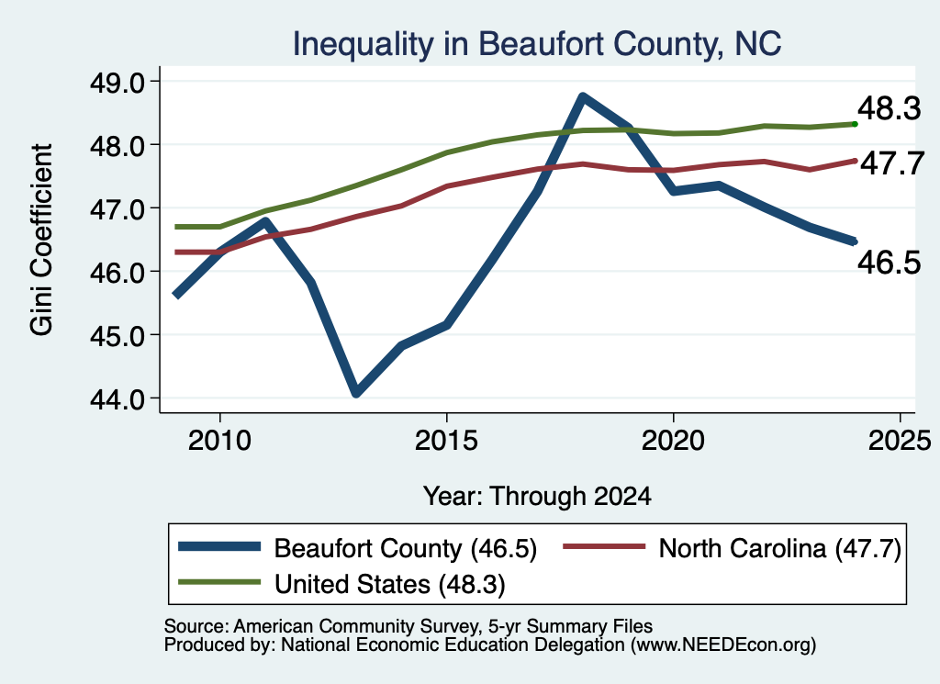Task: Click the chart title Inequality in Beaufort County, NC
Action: pyautogui.click(x=536, y=44)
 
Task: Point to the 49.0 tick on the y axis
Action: pyautogui.click(x=117, y=82)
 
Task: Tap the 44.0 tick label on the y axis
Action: pyautogui.click(x=117, y=399)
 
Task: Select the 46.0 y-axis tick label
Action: pyautogui.click(x=117, y=272)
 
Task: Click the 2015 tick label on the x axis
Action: pyautogui.click(x=446, y=441)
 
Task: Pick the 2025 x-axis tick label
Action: pyautogui.click(x=900, y=441)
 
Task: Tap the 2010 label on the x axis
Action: pyautogui.click(x=219, y=441)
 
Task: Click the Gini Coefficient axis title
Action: pyautogui.click(x=41, y=240)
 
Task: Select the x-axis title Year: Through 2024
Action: pyautogui.click(x=537, y=497)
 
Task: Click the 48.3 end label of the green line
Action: pyautogui.click(x=889, y=109)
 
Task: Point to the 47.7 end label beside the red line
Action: pyautogui.click(x=892, y=163)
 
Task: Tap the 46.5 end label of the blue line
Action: pyautogui.click(x=889, y=263)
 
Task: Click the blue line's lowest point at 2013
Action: pyautogui.click(x=356, y=393)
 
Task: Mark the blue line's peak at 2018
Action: pyautogui.click(x=583, y=97)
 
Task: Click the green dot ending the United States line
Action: pyautogui.click(x=855, y=124)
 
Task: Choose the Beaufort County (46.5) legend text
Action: pyautogui.click(x=405, y=548)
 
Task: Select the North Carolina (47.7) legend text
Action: pyautogui.click(x=780, y=548)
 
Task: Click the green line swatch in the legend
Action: pyautogui.click(x=220, y=582)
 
